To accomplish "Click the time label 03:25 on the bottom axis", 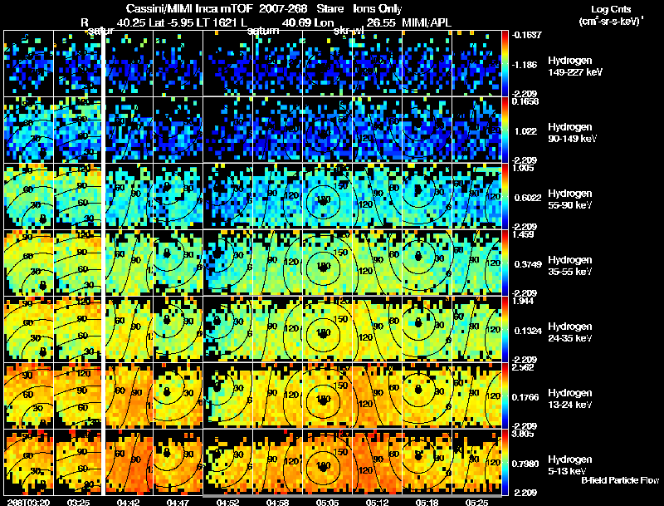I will click(78, 502).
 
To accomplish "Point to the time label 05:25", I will click(476, 502).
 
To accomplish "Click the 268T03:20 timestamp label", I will click(26, 502).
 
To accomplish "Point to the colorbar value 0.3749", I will click(526, 264).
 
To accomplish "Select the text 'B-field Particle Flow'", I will click(619, 480).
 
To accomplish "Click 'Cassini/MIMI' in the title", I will click(153, 7).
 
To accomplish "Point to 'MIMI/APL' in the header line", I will click(428, 22).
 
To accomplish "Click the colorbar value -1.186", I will click(525, 63).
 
